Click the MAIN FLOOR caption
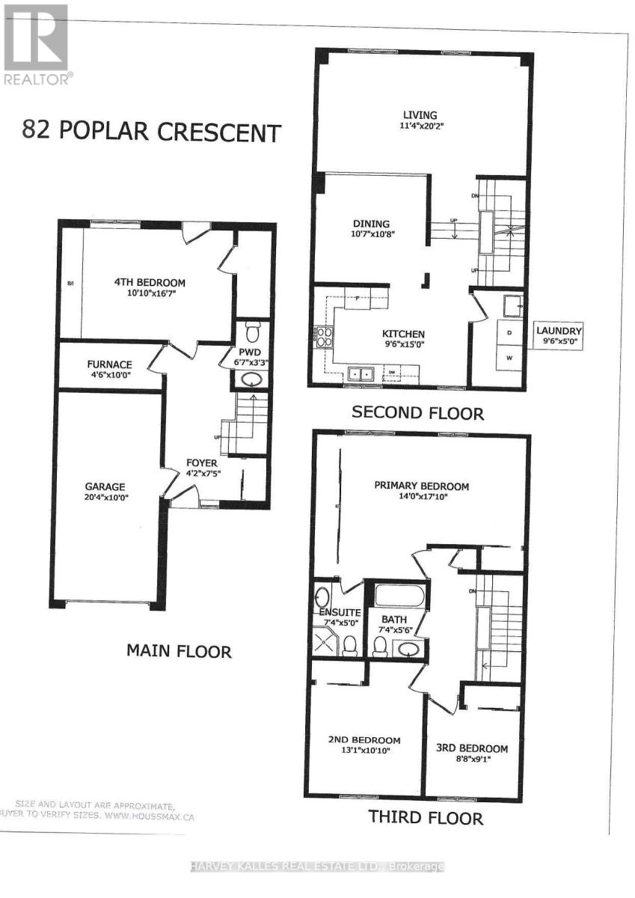click(178, 651)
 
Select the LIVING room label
click(420, 115)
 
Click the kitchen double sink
click(361, 372)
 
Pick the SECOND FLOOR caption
click(417, 412)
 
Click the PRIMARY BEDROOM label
click(422, 486)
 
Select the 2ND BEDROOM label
click(364, 739)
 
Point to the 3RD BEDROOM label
click(472, 748)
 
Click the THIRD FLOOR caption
click(425, 816)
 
